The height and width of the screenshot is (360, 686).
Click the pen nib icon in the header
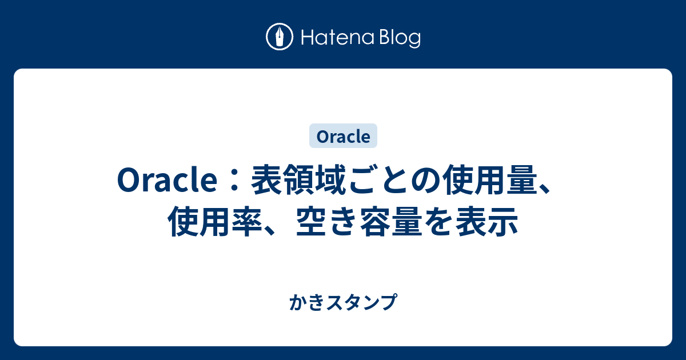tap(280, 37)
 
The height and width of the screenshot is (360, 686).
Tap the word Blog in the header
tap(400, 38)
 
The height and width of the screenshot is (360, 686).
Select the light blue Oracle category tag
tap(344, 136)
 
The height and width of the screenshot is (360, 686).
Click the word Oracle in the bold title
tap(167, 179)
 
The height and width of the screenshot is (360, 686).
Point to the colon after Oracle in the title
tap(234, 181)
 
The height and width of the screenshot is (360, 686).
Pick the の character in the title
tap(425, 181)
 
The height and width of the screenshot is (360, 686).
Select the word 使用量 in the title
tap(490, 180)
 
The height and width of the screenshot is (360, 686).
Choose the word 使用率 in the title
tap(215, 222)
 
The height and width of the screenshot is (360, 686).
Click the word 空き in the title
tap(327, 222)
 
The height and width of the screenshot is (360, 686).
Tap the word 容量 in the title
tap(391, 222)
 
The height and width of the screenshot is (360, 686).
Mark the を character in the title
tap(438, 222)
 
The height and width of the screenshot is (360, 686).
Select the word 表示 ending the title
tap(487, 222)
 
